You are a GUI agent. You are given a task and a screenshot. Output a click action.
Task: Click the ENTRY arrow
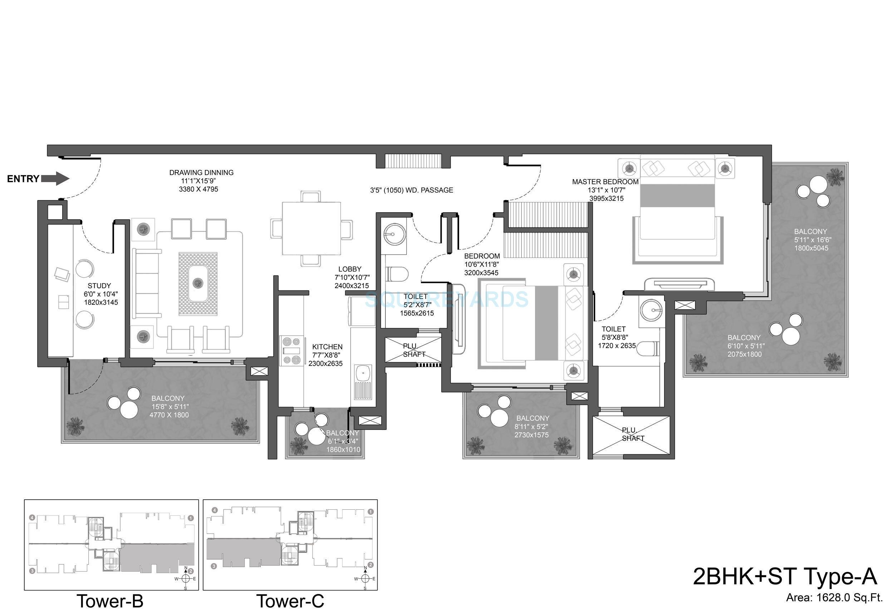[x=55, y=179]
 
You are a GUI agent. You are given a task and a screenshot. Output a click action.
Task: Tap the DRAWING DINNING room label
[x=201, y=173]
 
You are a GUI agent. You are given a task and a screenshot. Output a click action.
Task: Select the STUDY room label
[x=99, y=286]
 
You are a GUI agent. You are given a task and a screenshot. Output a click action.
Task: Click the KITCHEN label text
[x=327, y=346]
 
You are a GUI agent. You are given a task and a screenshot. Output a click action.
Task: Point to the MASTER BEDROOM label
[x=605, y=181]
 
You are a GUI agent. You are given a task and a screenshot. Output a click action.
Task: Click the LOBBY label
[x=350, y=269]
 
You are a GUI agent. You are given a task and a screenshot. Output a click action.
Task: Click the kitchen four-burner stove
[x=291, y=350]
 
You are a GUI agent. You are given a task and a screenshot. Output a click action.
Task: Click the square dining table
[x=311, y=229]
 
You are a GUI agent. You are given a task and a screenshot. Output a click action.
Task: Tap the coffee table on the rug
[x=198, y=283]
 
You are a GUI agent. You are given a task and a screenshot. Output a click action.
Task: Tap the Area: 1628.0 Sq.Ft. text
[x=834, y=598]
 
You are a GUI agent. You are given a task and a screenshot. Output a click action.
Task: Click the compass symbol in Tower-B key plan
[x=186, y=579]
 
